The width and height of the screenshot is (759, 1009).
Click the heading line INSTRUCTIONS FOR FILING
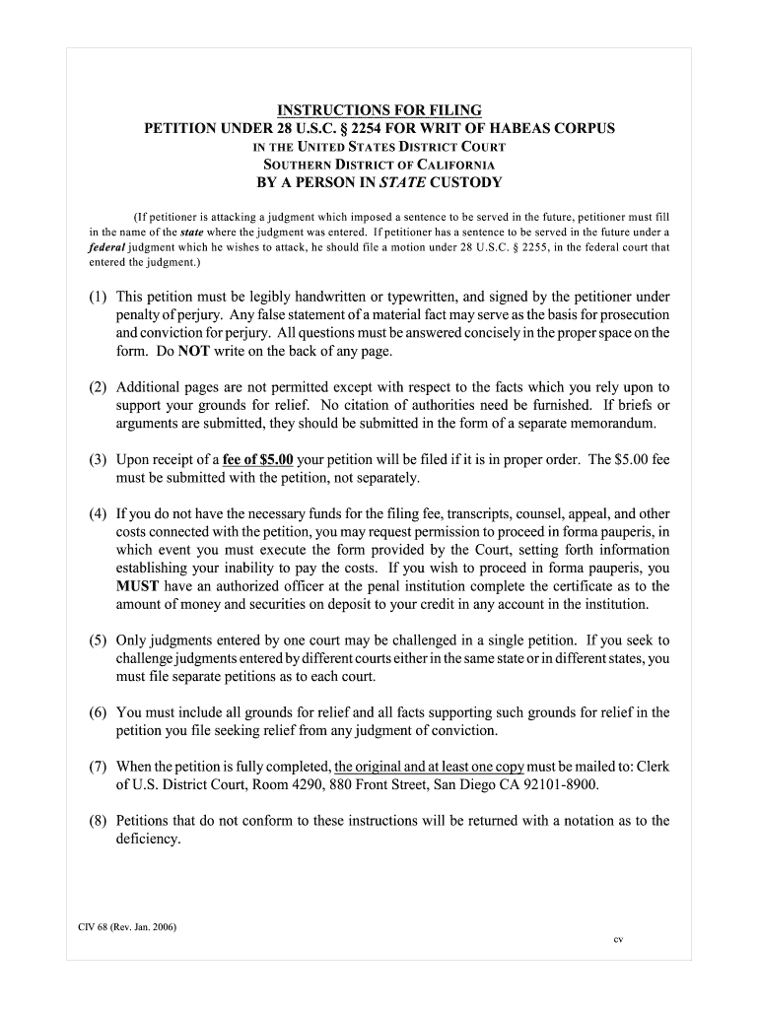379,109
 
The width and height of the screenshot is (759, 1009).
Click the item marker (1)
99,297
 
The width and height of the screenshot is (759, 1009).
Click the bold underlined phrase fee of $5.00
258,459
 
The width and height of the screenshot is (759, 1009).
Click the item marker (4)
99,514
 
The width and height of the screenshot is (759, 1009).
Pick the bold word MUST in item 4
136,586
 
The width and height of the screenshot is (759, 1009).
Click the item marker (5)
99,640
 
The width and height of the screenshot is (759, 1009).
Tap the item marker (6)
99,712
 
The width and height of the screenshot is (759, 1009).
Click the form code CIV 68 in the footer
95,927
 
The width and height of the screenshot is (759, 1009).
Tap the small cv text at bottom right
618,940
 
